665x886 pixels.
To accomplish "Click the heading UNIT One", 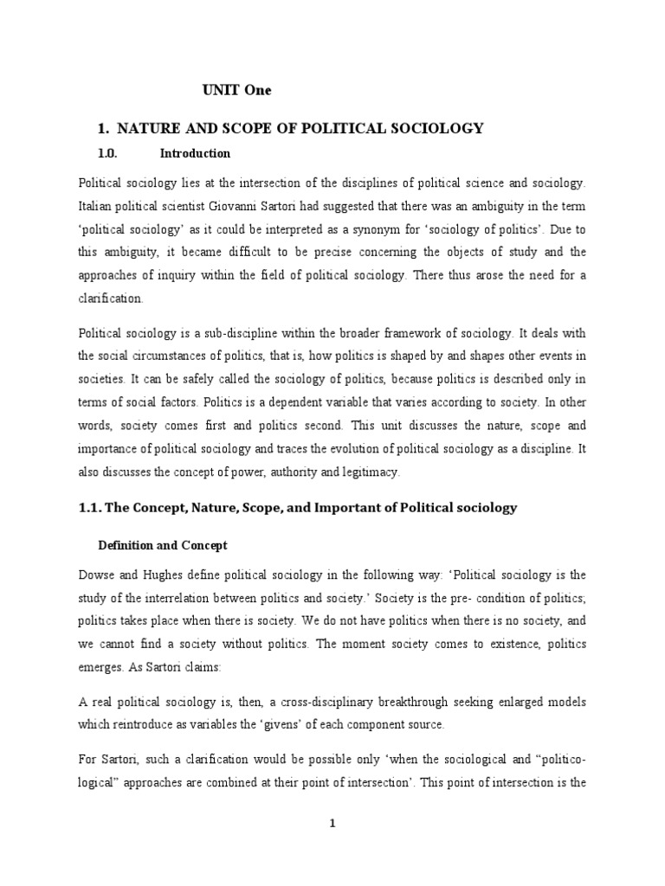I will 237,89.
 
